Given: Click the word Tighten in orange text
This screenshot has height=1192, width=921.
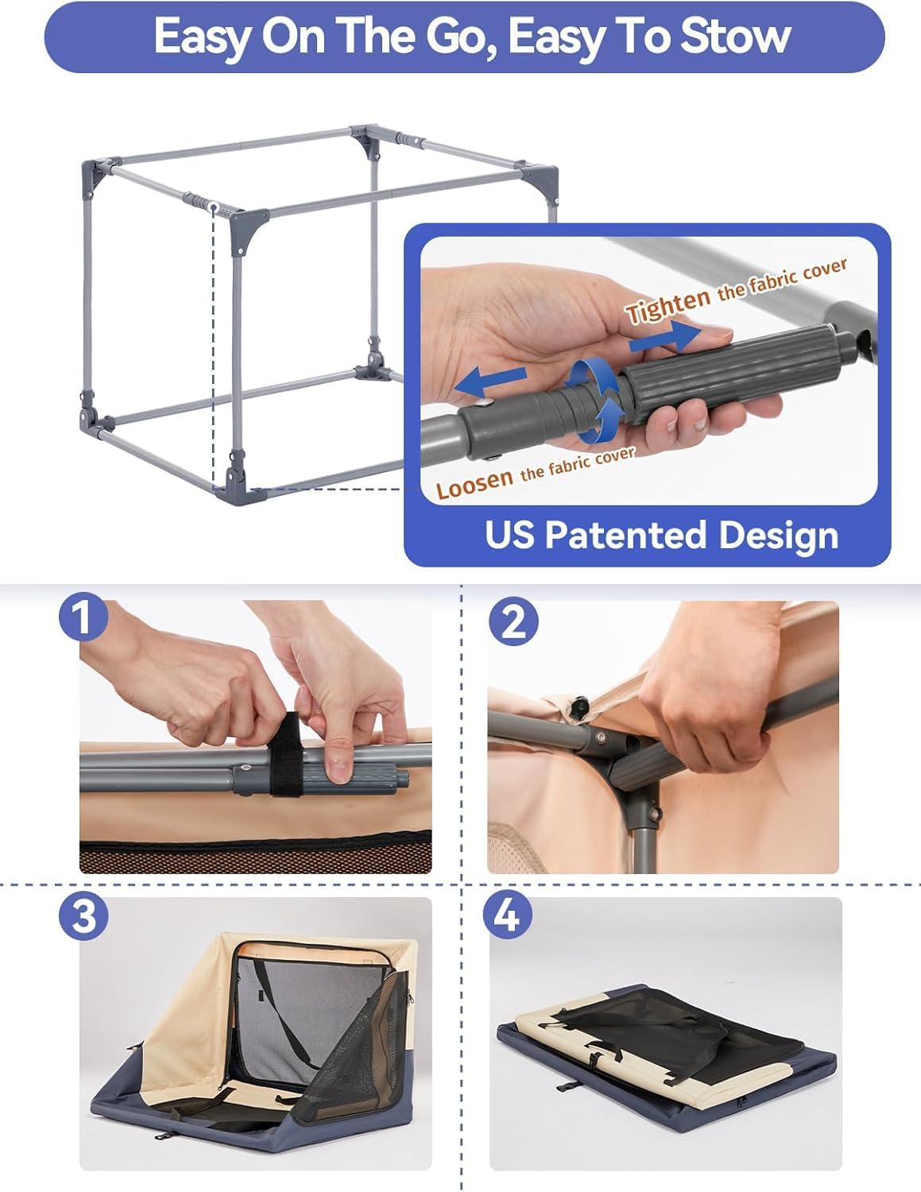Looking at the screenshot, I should [667, 305].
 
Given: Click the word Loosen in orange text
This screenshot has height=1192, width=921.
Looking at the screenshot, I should [474, 483].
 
